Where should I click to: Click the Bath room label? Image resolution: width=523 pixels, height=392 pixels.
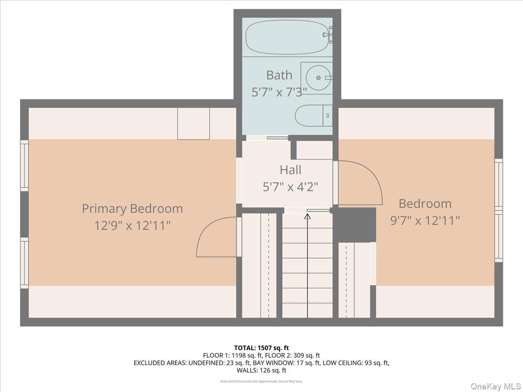[279, 75]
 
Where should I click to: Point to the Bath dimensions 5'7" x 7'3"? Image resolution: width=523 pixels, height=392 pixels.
[279, 91]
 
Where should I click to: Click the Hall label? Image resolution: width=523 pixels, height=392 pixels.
[290, 169]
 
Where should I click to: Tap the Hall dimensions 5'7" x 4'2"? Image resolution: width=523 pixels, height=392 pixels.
[290, 187]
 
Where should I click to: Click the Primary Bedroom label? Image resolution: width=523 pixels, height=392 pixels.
[132, 208]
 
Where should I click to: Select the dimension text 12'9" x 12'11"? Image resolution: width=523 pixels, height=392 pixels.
[132, 225]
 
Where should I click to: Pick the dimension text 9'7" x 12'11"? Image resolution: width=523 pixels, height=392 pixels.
[425, 220]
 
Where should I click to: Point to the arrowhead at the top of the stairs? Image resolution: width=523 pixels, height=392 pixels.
[308, 215]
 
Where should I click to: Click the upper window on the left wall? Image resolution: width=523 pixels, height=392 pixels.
[24, 166]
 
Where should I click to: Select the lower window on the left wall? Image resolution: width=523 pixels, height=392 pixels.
[24, 263]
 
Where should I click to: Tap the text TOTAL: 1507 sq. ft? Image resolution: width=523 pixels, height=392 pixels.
[261, 348]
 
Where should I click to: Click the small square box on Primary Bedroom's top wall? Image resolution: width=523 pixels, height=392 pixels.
[193, 124]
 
